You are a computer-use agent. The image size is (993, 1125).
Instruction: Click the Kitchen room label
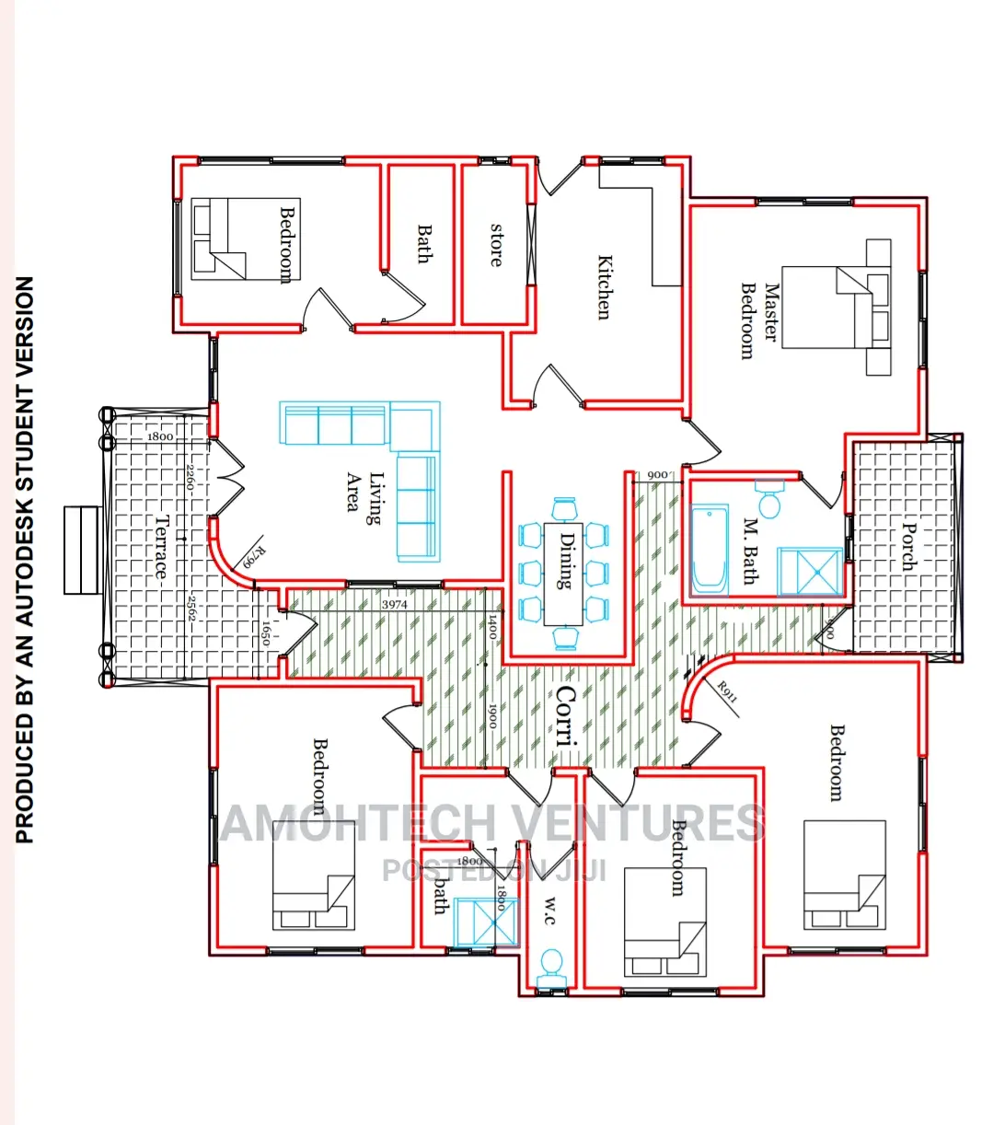pos(604,287)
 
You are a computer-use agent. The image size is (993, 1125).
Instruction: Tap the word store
pos(497,245)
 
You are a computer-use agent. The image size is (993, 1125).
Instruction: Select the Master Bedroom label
pos(759,320)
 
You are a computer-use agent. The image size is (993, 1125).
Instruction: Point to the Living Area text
pos(364,492)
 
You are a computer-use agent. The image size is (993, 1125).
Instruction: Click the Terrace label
pos(162,547)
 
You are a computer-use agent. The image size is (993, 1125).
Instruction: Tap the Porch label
pos(909,546)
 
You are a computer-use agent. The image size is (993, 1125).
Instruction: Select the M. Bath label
pos(750,551)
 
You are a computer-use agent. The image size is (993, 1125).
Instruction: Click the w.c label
pos(549,911)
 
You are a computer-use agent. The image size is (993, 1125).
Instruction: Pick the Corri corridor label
pos(566,715)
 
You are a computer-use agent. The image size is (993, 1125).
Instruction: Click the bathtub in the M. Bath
pos(710,549)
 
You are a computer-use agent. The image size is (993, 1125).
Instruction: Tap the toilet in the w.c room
pos(551,967)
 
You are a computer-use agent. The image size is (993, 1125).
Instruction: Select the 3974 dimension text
pos(394,605)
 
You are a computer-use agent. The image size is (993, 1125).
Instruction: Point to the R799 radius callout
pos(252,556)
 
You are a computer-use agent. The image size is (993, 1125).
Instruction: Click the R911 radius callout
pos(727,691)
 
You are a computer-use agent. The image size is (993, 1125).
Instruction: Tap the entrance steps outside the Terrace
pos(81,550)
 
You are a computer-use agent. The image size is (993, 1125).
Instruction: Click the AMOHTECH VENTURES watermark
pos(492,823)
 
